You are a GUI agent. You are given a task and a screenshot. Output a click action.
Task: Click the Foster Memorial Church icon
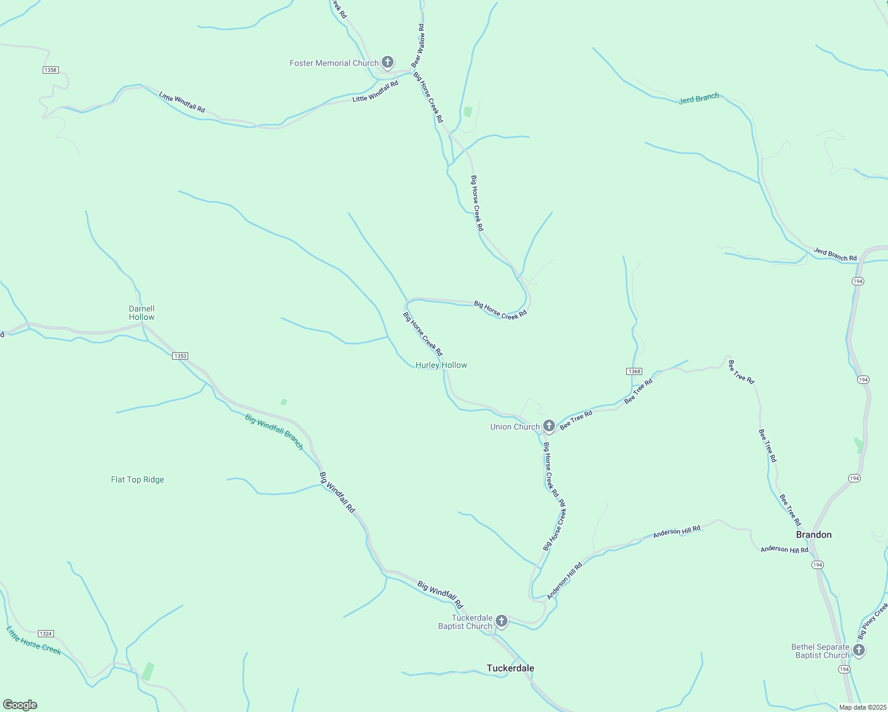[x=388, y=62]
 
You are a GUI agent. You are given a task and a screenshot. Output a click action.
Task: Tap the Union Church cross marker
[x=549, y=425]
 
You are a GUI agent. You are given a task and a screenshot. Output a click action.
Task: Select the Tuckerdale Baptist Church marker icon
[x=502, y=621]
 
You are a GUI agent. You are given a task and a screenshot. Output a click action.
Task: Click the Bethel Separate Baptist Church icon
[x=858, y=650]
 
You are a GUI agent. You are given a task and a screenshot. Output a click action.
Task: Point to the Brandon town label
[x=813, y=535]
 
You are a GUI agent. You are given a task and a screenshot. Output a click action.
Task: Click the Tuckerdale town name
[x=510, y=668]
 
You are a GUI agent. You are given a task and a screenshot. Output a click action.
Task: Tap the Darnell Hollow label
[x=142, y=313]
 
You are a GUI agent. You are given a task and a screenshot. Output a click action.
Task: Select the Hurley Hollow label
[x=441, y=365]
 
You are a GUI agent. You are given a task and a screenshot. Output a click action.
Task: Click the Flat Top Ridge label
[x=137, y=480]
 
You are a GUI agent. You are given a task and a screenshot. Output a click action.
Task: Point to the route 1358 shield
[x=50, y=70]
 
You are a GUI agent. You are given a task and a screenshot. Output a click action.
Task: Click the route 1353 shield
[x=180, y=356]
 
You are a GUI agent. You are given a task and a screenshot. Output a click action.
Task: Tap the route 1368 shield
[x=634, y=371]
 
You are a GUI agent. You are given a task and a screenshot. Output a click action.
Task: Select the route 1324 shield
[x=46, y=634]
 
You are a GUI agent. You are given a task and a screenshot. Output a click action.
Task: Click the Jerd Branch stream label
[x=699, y=98]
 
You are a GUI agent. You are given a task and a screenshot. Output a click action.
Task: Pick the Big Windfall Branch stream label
[x=274, y=431]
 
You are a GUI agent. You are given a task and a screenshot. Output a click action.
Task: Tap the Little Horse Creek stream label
[x=34, y=641]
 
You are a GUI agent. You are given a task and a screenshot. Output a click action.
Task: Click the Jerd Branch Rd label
[x=835, y=255]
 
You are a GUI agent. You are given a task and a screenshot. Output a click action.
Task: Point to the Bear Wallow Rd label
[x=418, y=45]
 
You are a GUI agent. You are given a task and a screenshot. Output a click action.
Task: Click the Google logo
[x=20, y=705]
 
